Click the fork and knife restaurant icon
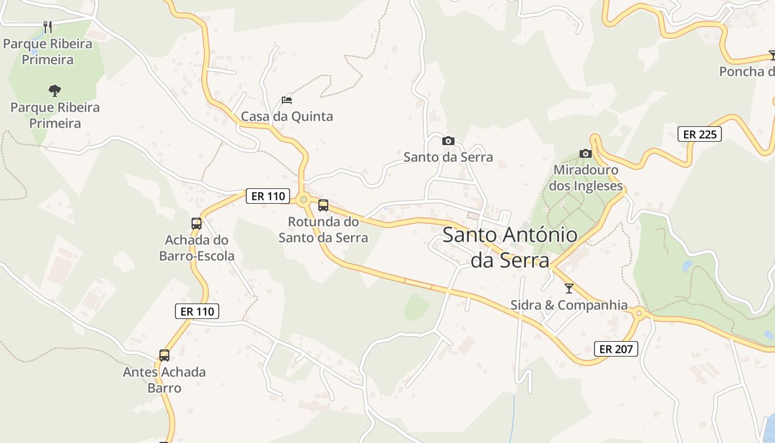tap(48, 26)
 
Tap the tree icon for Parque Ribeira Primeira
tap(54, 90)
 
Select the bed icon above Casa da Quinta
tap(286, 100)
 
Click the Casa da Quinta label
tap(287, 116)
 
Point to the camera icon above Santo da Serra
tap(448, 141)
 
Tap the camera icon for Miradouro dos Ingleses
tap(585, 153)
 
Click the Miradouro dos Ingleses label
tap(586, 178)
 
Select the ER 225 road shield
tap(700, 134)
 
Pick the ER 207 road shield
tap(616, 349)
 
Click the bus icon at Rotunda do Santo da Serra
tap(323, 205)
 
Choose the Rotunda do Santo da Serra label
tap(323, 230)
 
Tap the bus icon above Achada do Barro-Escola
tap(197, 224)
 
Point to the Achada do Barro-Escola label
tap(197, 248)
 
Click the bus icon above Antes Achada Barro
tap(164, 356)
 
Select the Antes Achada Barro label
tap(164, 380)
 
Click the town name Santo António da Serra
tap(510, 248)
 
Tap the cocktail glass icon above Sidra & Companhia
tap(569, 289)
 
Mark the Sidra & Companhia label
tap(569, 305)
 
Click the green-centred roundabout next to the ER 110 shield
tap(303, 199)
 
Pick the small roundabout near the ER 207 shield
tap(639, 314)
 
